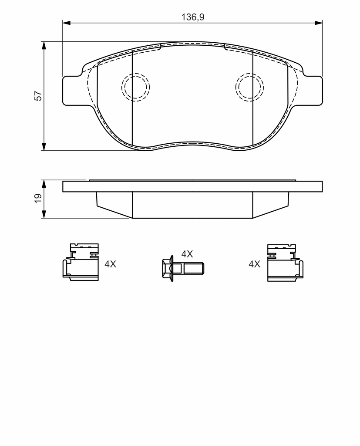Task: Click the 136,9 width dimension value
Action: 193,17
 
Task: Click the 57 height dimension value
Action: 38,96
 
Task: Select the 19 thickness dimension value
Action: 38,198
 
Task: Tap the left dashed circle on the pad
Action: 136,87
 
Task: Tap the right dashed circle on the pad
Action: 249,87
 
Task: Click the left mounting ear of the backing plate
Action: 71,90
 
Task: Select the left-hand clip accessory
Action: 81,262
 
